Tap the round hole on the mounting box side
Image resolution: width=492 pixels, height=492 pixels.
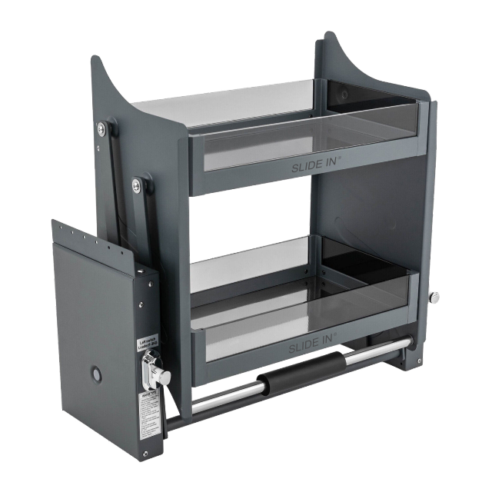pos(98,375)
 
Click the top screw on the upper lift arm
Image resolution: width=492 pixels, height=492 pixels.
pos(101,129)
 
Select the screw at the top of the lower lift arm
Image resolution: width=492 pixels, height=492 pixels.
pos(136,184)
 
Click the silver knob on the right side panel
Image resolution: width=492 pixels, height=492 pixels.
pos(434,297)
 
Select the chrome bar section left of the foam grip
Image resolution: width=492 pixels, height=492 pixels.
pos(223,397)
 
